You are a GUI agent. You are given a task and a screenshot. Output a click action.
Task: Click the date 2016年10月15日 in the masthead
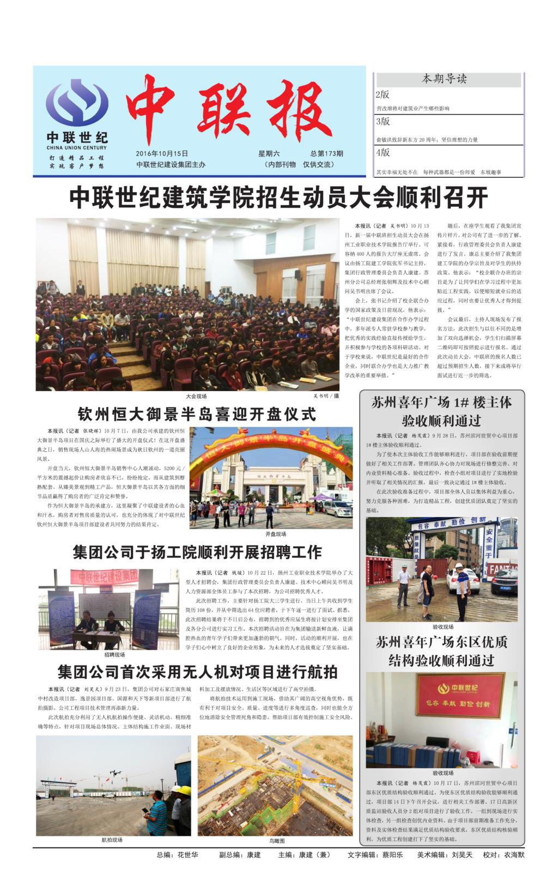pyautogui.click(x=162, y=154)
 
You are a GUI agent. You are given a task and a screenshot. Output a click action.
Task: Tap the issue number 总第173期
pyautogui.click(x=327, y=154)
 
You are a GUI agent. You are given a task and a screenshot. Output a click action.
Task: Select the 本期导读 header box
pyautogui.click(x=445, y=79)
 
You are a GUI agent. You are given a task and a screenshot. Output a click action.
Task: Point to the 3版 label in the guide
pyautogui.click(x=383, y=122)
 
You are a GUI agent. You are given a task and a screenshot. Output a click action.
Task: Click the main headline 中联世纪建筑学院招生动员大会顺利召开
pyautogui.click(x=278, y=197)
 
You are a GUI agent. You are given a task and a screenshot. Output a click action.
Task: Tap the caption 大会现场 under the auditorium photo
pyautogui.click(x=196, y=396)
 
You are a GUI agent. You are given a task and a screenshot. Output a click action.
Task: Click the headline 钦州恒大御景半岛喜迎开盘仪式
pyautogui.click(x=197, y=414)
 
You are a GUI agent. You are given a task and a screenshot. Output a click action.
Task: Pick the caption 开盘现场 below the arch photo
pyautogui.click(x=276, y=534)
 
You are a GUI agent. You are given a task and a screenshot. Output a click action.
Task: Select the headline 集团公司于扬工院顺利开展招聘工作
pyautogui.click(x=197, y=552)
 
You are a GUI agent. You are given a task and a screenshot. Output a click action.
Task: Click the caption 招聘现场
pyautogui.click(x=114, y=654)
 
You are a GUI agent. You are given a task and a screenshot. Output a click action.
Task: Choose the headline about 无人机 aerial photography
pyautogui.click(x=197, y=671)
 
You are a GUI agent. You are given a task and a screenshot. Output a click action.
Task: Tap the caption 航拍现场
pyautogui.click(x=112, y=840)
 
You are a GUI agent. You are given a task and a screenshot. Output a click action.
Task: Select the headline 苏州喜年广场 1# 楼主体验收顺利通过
pyautogui.click(x=441, y=411)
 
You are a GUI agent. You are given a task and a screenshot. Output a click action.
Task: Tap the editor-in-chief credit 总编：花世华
pyautogui.click(x=177, y=855)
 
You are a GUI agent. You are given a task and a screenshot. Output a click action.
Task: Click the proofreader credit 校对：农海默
pyautogui.click(x=503, y=855)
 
